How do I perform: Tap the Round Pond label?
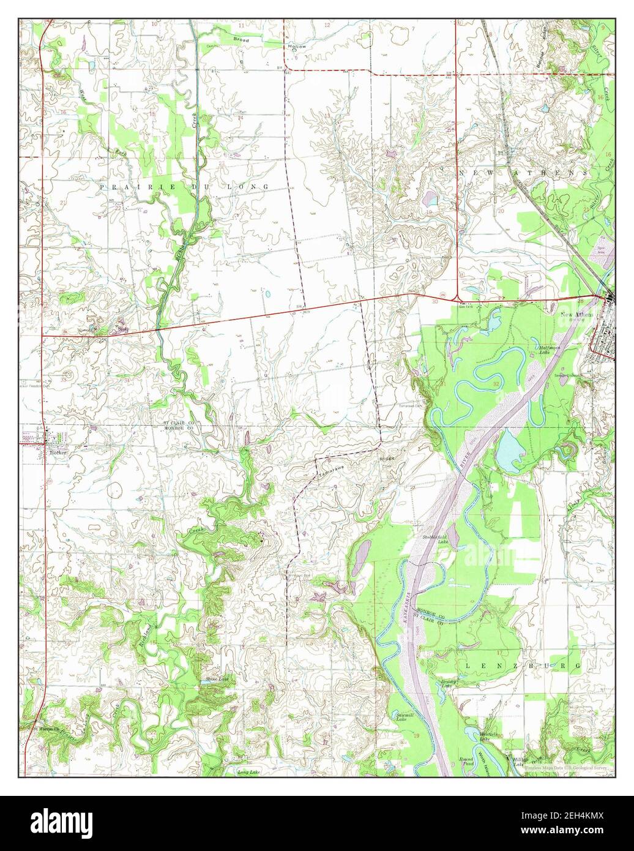467,761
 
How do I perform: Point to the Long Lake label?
248,773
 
